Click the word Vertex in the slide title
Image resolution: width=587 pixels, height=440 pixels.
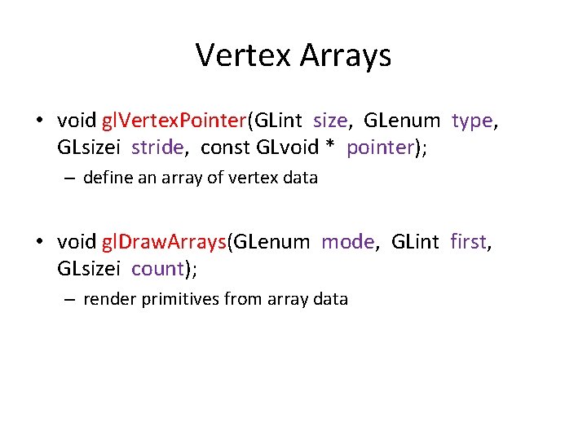pyautogui.click(x=244, y=55)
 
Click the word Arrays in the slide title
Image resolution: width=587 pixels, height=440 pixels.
pyautogui.click(x=346, y=55)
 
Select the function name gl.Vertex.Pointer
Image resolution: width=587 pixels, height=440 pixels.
pyautogui.click(x=174, y=121)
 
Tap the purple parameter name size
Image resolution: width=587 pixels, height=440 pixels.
pyautogui.click(x=329, y=121)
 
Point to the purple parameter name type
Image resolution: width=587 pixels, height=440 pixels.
pyautogui.click(x=472, y=121)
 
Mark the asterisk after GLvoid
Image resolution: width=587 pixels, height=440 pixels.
pyautogui.click(x=330, y=147)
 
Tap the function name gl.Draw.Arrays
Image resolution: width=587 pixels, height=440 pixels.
pyautogui.click(x=164, y=242)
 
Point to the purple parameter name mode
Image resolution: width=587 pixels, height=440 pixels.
pyautogui.click(x=348, y=242)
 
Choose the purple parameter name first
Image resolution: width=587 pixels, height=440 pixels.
pyautogui.click(x=468, y=242)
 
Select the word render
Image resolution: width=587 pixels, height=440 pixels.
pyautogui.click(x=108, y=299)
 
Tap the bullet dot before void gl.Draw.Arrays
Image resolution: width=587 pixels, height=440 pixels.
pyautogui.click(x=39, y=243)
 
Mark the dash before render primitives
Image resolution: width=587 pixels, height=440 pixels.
pyautogui.click(x=72, y=299)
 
